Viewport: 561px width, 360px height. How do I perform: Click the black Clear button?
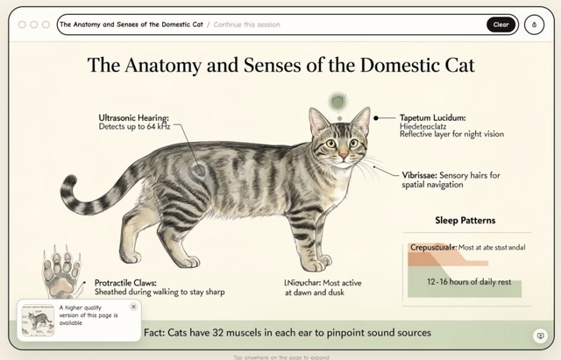click(x=501, y=25)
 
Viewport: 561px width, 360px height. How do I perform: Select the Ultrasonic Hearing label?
click(x=133, y=116)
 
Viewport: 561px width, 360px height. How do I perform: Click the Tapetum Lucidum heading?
click(x=432, y=117)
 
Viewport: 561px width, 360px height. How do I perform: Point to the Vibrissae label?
click(x=418, y=175)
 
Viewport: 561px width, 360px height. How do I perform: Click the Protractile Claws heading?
click(x=131, y=283)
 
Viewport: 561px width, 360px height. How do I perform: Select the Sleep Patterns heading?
click(x=465, y=220)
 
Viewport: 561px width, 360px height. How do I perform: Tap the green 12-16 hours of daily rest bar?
click(x=464, y=284)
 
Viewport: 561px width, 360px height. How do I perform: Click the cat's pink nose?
click(x=344, y=157)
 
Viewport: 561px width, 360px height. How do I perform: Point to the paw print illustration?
click(x=61, y=272)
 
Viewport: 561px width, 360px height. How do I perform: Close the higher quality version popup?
click(x=133, y=307)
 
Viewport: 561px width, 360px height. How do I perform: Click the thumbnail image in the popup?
click(x=38, y=320)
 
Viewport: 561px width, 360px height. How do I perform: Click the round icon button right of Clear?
click(x=534, y=25)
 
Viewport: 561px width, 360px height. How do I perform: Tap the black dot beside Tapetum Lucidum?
click(x=376, y=116)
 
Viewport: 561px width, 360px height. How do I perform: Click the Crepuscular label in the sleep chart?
click(x=432, y=248)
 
